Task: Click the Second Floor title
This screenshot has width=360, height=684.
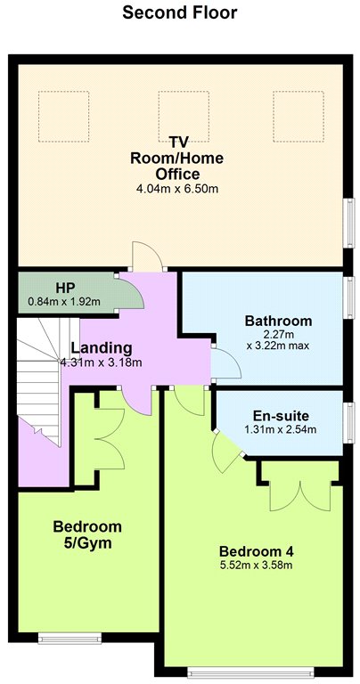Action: (180, 12)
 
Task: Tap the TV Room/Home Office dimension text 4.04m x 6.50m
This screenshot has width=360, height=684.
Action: (177, 189)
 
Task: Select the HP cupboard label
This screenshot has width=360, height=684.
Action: (65, 288)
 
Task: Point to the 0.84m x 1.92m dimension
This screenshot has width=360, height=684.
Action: (64, 301)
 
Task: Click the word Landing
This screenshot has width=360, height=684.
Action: (102, 348)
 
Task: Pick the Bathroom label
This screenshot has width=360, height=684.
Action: (278, 321)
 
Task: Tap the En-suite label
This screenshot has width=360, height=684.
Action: (281, 415)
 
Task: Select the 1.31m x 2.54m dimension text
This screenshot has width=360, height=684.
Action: (281, 429)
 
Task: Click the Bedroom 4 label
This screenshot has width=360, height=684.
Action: (256, 551)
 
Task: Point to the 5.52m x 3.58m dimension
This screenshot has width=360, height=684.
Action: (256, 566)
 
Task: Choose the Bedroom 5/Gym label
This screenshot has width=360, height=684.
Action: (87, 534)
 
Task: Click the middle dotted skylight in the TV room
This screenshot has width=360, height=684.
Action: (184, 116)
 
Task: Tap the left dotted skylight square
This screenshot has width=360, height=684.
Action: (63, 116)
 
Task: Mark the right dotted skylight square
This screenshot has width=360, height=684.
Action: (299, 116)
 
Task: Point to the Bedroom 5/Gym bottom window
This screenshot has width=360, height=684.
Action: (70, 639)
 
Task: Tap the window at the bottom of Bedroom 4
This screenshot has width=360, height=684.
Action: (250, 673)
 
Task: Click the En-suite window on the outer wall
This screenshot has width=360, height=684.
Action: (349, 423)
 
